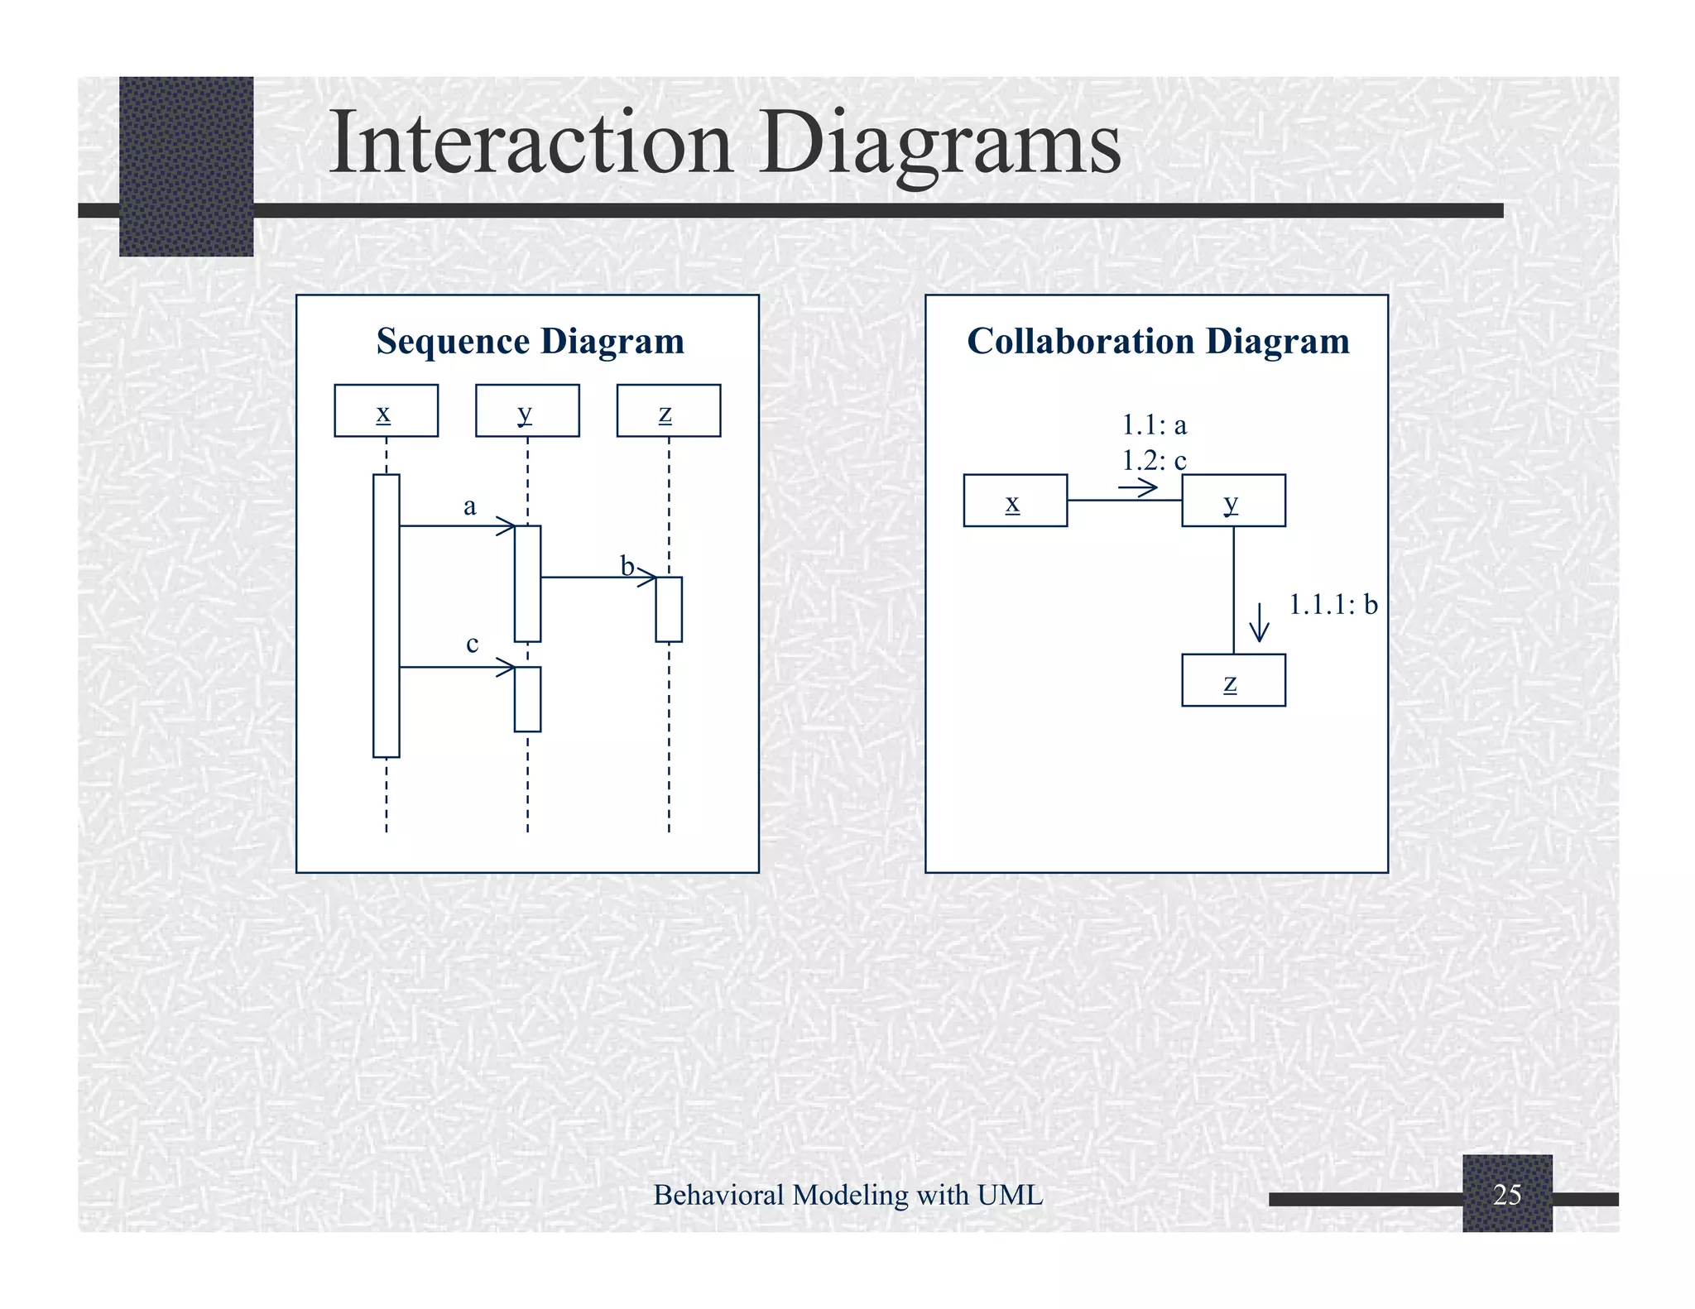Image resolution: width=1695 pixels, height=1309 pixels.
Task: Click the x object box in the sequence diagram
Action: [386, 410]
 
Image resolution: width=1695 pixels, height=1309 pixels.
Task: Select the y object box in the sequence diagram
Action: [527, 410]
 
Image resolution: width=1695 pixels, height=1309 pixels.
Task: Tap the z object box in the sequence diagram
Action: [668, 410]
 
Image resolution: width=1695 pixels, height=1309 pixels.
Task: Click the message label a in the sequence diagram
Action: [469, 506]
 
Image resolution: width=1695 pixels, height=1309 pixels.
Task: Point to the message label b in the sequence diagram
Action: [627, 567]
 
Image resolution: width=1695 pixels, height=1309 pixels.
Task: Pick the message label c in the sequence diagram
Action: [472, 644]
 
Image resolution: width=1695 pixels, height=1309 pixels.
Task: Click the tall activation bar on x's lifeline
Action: [387, 616]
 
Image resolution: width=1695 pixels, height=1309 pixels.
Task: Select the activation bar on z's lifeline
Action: [669, 609]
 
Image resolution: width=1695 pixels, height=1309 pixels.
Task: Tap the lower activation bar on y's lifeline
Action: [527, 699]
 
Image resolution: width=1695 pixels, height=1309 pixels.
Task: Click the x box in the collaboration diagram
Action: [1015, 501]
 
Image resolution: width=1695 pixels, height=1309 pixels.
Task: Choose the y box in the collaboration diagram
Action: [1233, 501]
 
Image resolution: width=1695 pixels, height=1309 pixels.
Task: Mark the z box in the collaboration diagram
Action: [1233, 680]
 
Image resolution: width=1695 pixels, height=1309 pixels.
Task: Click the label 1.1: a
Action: [1154, 425]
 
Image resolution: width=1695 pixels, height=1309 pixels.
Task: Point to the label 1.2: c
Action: [1154, 460]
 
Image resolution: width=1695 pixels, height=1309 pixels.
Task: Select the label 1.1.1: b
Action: [1332, 605]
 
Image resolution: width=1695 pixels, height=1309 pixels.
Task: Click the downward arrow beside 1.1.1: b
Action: [1259, 622]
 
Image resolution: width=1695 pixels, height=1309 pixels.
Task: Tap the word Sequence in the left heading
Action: [453, 342]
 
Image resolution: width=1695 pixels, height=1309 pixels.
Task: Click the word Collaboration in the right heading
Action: [1079, 342]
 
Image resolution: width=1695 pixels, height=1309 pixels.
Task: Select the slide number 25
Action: [1507, 1194]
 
